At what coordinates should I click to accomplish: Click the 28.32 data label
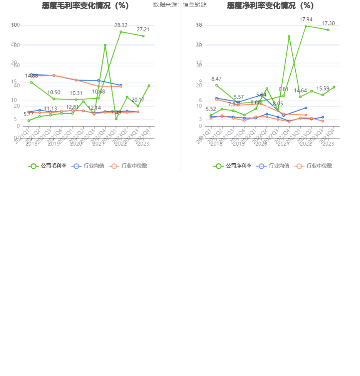[121, 25]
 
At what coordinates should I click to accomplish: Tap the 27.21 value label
[143, 29]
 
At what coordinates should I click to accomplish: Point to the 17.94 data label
[306, 19]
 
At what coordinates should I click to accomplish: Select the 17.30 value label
[328, 23]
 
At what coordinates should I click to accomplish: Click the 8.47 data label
[216, 79]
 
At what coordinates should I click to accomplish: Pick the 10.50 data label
[54, 92]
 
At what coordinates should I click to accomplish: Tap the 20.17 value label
[138, 99]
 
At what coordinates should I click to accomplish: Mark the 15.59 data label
[323, 89]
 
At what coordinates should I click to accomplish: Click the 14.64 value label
[300, 91]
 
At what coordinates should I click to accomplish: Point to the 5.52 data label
[211, 109]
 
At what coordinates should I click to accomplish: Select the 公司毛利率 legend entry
[48, 166]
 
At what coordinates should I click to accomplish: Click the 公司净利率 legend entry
[233, 166]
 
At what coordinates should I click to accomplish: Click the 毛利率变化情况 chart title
[85, 6]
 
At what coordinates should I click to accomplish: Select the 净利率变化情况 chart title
[271, 6]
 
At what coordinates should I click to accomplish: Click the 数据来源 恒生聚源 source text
[180, 5]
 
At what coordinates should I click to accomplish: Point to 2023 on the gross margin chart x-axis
[143, 144]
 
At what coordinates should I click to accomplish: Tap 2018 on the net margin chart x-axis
[216, 144]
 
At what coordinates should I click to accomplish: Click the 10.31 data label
[76, 93]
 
